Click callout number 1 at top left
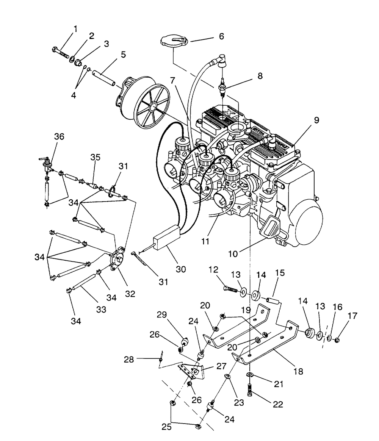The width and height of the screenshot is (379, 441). point(75,28)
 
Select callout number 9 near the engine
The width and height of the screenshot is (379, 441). point(316,120)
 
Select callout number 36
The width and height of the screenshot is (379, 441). point(59,137)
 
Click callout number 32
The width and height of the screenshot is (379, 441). point(130,294)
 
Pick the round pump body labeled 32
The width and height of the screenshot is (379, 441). point(117,258)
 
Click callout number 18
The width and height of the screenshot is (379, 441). point(298,371)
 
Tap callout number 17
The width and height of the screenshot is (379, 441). point(352,316)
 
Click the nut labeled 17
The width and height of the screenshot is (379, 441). point(338,340)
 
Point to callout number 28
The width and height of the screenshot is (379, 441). point(129,360)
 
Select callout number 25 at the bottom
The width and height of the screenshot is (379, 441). point(166,427)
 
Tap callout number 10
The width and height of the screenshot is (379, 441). point(233,254)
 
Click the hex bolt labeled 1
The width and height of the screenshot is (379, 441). point(60,53)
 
